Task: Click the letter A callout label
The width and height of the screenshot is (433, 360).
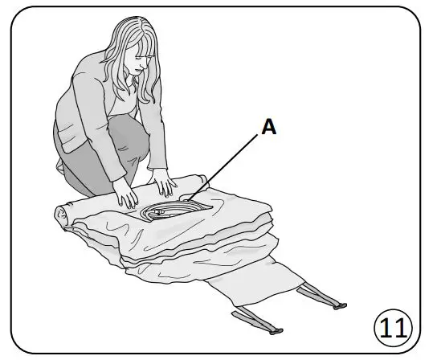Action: click(269, 127)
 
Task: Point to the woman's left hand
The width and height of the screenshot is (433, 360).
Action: click(166, 187)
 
